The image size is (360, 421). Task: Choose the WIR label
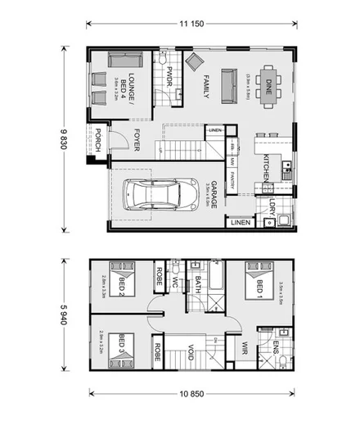(243, 348)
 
